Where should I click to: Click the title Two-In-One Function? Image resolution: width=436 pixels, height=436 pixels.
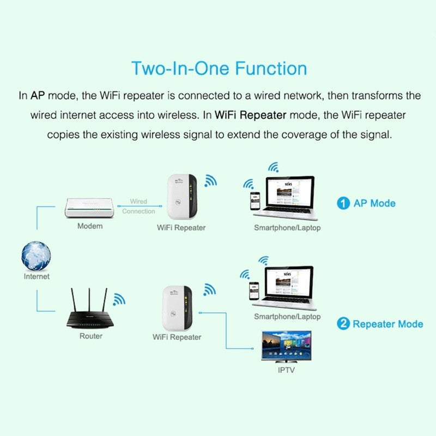click(219, 69)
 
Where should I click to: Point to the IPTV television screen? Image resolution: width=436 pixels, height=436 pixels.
click(286, 347)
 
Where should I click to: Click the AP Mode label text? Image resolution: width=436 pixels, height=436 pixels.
click(374, 203)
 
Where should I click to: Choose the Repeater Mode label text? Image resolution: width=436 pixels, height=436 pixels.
click(387, 324)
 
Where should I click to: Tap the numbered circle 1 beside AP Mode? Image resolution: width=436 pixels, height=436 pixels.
click(343, 203)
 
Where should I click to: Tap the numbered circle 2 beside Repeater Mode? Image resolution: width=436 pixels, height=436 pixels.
click(343, 324)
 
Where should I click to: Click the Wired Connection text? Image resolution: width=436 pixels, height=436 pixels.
click(138, 206)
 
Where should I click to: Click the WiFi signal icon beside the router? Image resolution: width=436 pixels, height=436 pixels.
click(119, 298)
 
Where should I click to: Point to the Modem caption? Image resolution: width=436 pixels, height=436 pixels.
click(90, 226)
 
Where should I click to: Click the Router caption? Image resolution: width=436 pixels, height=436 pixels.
click(90, 336)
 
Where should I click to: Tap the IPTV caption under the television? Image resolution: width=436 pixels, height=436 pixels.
click(286, 370)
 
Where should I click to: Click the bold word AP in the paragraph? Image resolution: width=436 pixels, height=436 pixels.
click(38, 96)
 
